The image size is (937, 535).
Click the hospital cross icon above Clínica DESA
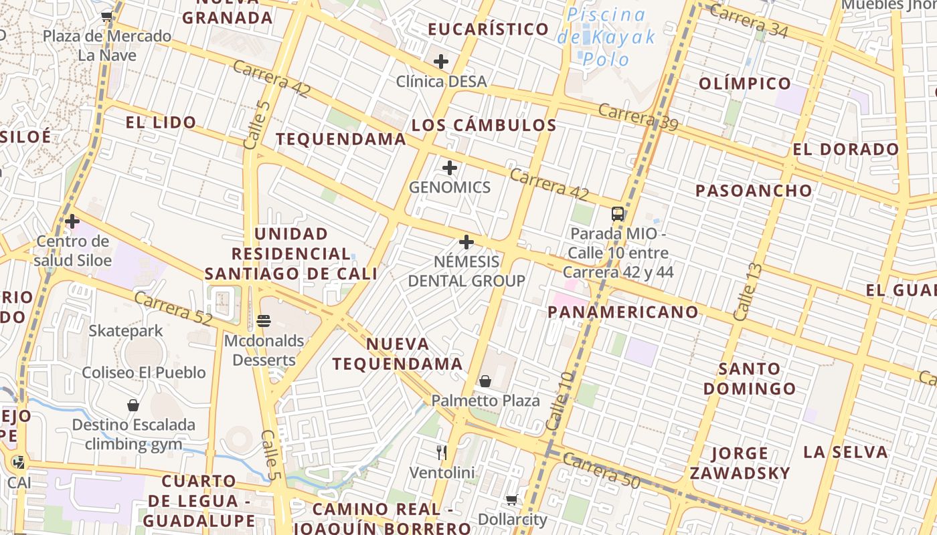(x=440, y=62)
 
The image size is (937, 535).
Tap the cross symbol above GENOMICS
(x=450, y=167)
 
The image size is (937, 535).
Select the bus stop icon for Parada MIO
(x=618, y=214)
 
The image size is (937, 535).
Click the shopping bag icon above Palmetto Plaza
(x=485, y=381)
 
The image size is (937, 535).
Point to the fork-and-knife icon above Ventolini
(x=441, y=453)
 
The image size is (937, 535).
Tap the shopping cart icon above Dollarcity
(x=512, y=500)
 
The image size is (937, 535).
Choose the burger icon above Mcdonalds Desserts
(x=263, y=321)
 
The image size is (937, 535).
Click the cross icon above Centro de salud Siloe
(x=72, y=221)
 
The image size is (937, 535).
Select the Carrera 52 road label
(x=173, y=308)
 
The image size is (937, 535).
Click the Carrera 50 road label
(x=601, y=471)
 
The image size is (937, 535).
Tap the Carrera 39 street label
(x=638, y=117)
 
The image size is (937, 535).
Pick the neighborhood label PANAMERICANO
(x=623, y=312)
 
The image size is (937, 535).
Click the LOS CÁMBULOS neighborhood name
(x=484, y=125)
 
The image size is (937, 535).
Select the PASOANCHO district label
(x=754, y=191)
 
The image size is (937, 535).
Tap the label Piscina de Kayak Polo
(x=606, y=37)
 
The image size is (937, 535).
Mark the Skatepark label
(x=126, y=330)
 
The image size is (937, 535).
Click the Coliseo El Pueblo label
(x=144, y=372)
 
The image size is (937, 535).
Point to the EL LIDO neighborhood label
(x=161, y=122)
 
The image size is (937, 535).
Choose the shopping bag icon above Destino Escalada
(x=133, y=405)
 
